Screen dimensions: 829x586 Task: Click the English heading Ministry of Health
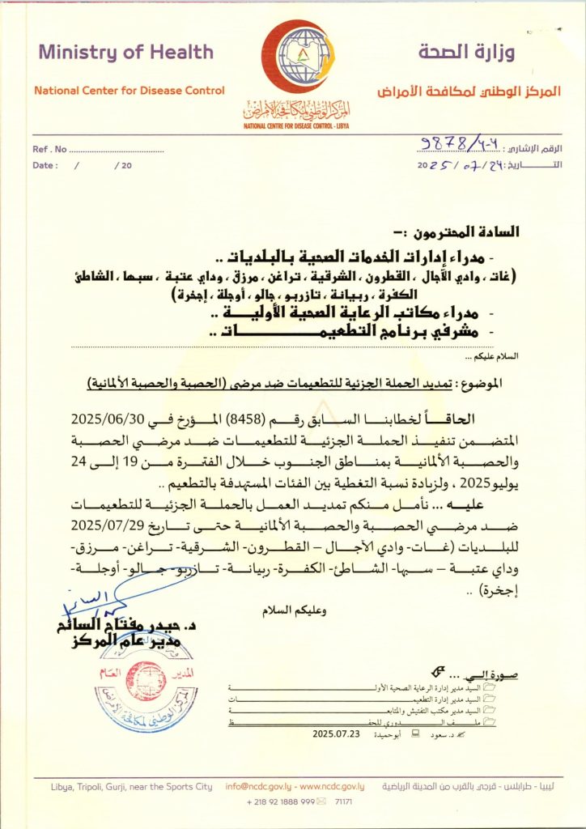tap(125, 53)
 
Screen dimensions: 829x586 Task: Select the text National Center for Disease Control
tap(130, 91)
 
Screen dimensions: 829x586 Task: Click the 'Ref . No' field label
tap(50, 150)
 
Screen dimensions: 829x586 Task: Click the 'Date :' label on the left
tap(45, 165)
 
